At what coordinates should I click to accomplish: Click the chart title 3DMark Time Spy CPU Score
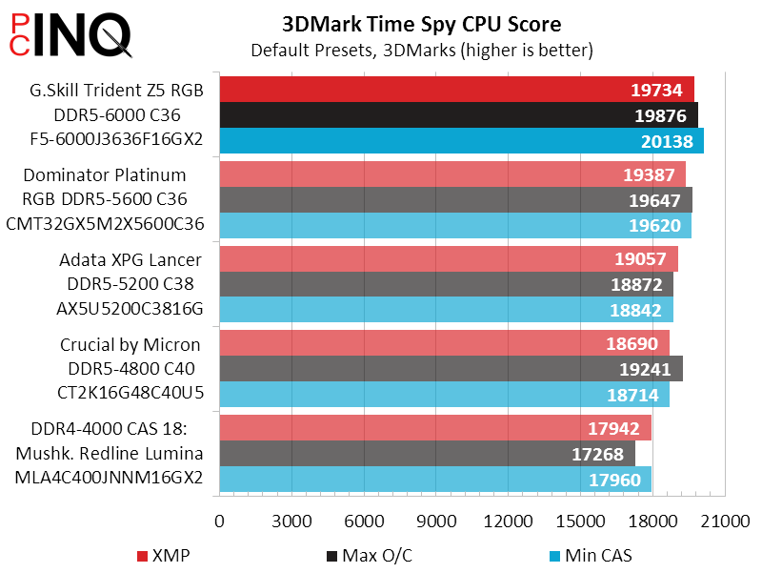[421, 24]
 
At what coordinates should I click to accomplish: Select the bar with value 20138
[461, 140]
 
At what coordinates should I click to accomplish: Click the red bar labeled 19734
[456, 90]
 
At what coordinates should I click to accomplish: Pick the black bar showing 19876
[458, 115]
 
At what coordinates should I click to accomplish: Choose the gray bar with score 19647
[455, 200]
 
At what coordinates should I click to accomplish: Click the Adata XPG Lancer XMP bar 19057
[449, 259]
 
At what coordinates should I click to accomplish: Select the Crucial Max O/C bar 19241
[451, 369]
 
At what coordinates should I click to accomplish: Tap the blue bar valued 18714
[444, 395]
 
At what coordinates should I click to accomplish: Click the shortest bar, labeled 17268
[427, 454]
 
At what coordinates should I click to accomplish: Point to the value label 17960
[614, 480]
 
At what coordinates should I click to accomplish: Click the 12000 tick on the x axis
[509, 522]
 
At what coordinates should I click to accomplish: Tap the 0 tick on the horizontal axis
[220, 522]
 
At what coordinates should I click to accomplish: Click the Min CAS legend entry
[591, 556]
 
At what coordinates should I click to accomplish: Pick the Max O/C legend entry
[366, 556]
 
